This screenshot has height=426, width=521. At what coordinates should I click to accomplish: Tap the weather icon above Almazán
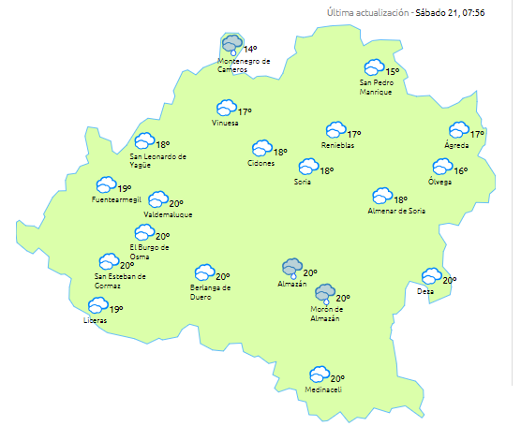(292, 268)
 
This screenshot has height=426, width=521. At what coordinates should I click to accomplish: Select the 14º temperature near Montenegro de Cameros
(250, 49)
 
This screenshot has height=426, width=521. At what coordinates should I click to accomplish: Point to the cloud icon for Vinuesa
(226, 109)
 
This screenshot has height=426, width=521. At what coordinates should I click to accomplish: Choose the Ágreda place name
(456, 146)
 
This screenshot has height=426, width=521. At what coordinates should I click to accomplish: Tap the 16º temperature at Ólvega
(461, 170)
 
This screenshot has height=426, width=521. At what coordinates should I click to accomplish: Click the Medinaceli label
(320, 389)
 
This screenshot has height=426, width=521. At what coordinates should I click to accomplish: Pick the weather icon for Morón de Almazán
(325, 293)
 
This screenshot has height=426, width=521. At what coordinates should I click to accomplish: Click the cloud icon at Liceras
(97, 305)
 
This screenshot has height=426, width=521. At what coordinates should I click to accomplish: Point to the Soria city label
(303, 182)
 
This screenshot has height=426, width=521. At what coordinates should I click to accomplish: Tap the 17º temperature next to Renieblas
(354, 135)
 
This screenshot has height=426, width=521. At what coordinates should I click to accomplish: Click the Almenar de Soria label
(396, 212)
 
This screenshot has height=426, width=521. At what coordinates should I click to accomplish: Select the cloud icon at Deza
(431, 276)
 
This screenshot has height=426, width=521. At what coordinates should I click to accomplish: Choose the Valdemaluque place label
(169, 214)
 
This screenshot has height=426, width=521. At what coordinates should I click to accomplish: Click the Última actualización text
(368, 13)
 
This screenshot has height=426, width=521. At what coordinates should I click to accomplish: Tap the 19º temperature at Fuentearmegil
(124, 188)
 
